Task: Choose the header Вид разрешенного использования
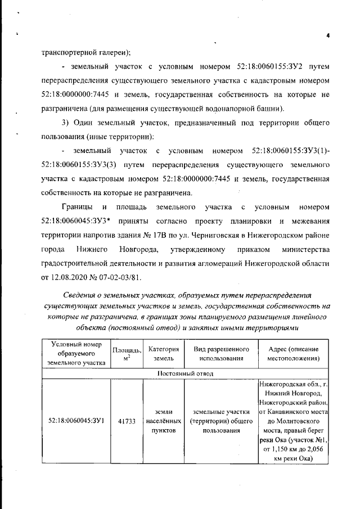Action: coord(217,353)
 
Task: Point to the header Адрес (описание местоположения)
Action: coord(294,353)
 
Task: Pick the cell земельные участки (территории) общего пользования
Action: coord(217,421)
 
